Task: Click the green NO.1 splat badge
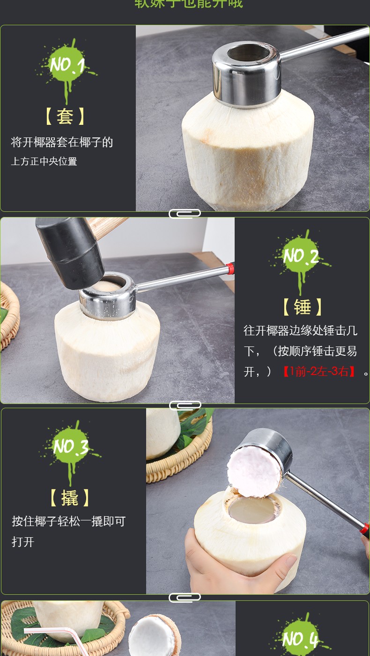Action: [x=67, y=65]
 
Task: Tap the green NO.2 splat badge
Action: [x=301, y=255]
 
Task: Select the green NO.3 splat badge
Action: [x=71, y=447]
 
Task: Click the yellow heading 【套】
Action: [x=66, y=116]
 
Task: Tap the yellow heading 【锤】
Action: [x=302, y=307]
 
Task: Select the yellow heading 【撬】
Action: [x=70, y=498]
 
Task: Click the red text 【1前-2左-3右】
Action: [x=319, y=372]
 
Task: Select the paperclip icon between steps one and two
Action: [x=185, y=214]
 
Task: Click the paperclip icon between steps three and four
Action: [x=185, y=597]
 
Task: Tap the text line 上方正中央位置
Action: [x=44, y=162]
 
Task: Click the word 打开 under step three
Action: [x=23, y=542]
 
